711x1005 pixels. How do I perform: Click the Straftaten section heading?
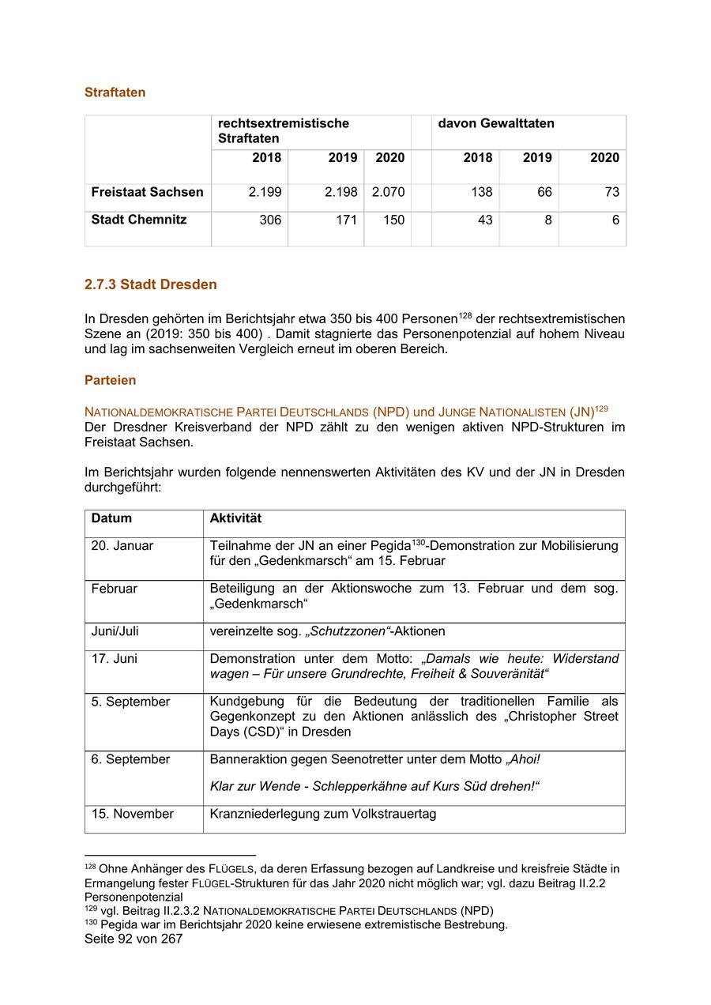[115, 92]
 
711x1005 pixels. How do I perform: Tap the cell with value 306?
[270, 220]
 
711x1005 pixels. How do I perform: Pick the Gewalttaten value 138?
[477, 192]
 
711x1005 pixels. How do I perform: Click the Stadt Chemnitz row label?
[139, 220]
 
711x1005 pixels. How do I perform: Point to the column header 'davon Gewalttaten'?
[496, 123]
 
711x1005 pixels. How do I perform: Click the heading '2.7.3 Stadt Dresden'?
[150, 284]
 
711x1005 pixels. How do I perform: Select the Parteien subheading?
[110, 380]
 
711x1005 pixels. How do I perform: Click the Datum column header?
[111, 519]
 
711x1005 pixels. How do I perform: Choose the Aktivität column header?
[235, 519]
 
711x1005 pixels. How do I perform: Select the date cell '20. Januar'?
[122, 546]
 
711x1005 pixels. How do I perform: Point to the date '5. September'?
[130, 702]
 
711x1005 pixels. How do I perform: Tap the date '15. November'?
[132, 814]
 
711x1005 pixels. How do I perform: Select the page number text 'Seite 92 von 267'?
[134, 939]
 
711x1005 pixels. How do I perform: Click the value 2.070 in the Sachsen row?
[388, 192]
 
